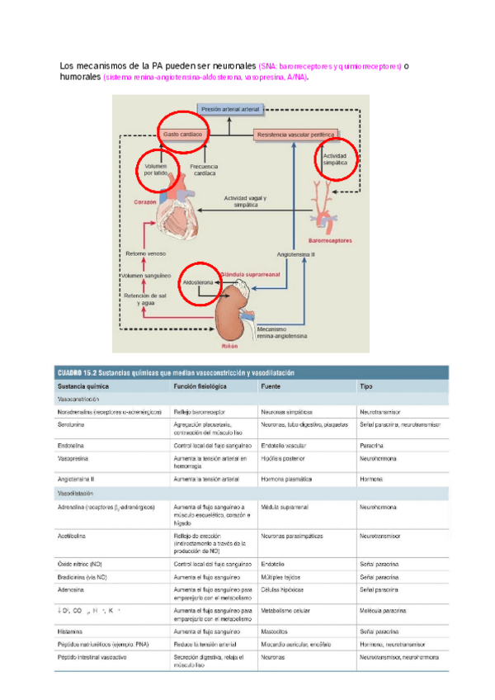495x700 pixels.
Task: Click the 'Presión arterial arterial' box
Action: tap(230, 108)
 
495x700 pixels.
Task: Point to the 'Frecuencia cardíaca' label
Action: tap(204, 169)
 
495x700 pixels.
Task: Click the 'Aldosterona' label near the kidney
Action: tap(198, 282)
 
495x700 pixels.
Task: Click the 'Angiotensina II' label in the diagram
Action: tap(296, 255)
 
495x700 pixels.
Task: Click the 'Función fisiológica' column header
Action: tap(200, 386)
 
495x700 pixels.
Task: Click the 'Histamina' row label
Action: tap(70, 630)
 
